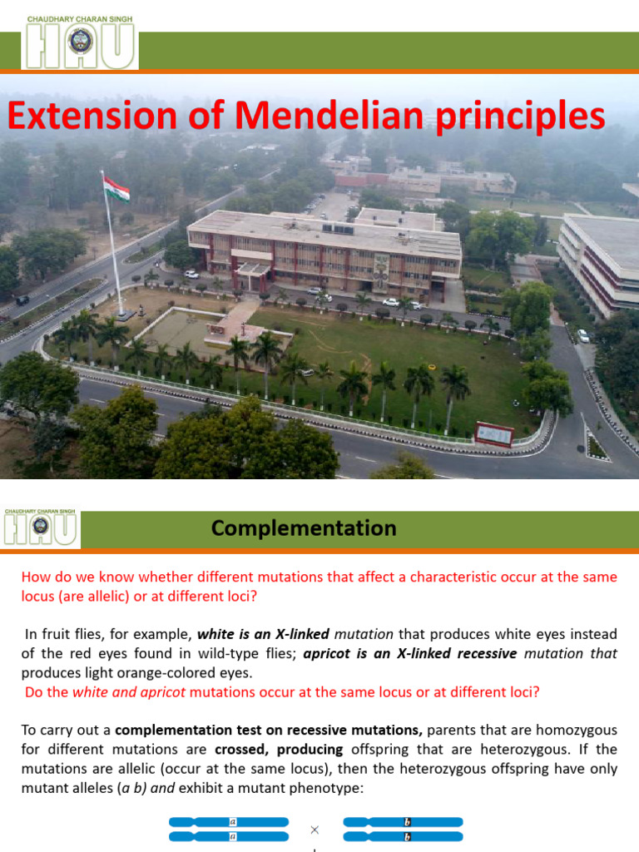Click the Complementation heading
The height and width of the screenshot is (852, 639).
[x=304, y=528]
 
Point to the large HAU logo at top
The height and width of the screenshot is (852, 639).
[x=80, y=46]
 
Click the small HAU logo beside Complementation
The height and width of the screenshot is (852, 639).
[x=41, y=529]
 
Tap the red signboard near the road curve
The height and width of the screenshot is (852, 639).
[x=494, y=433]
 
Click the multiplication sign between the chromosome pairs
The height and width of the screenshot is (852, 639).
[x=315, y=829]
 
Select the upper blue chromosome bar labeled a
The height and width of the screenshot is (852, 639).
[x=229, y=822]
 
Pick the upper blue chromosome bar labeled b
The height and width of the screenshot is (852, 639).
[x=404, y=822]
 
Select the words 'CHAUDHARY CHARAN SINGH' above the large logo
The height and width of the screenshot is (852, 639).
[x=80, y=17]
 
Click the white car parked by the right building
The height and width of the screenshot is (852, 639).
[x=583, y=336]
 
